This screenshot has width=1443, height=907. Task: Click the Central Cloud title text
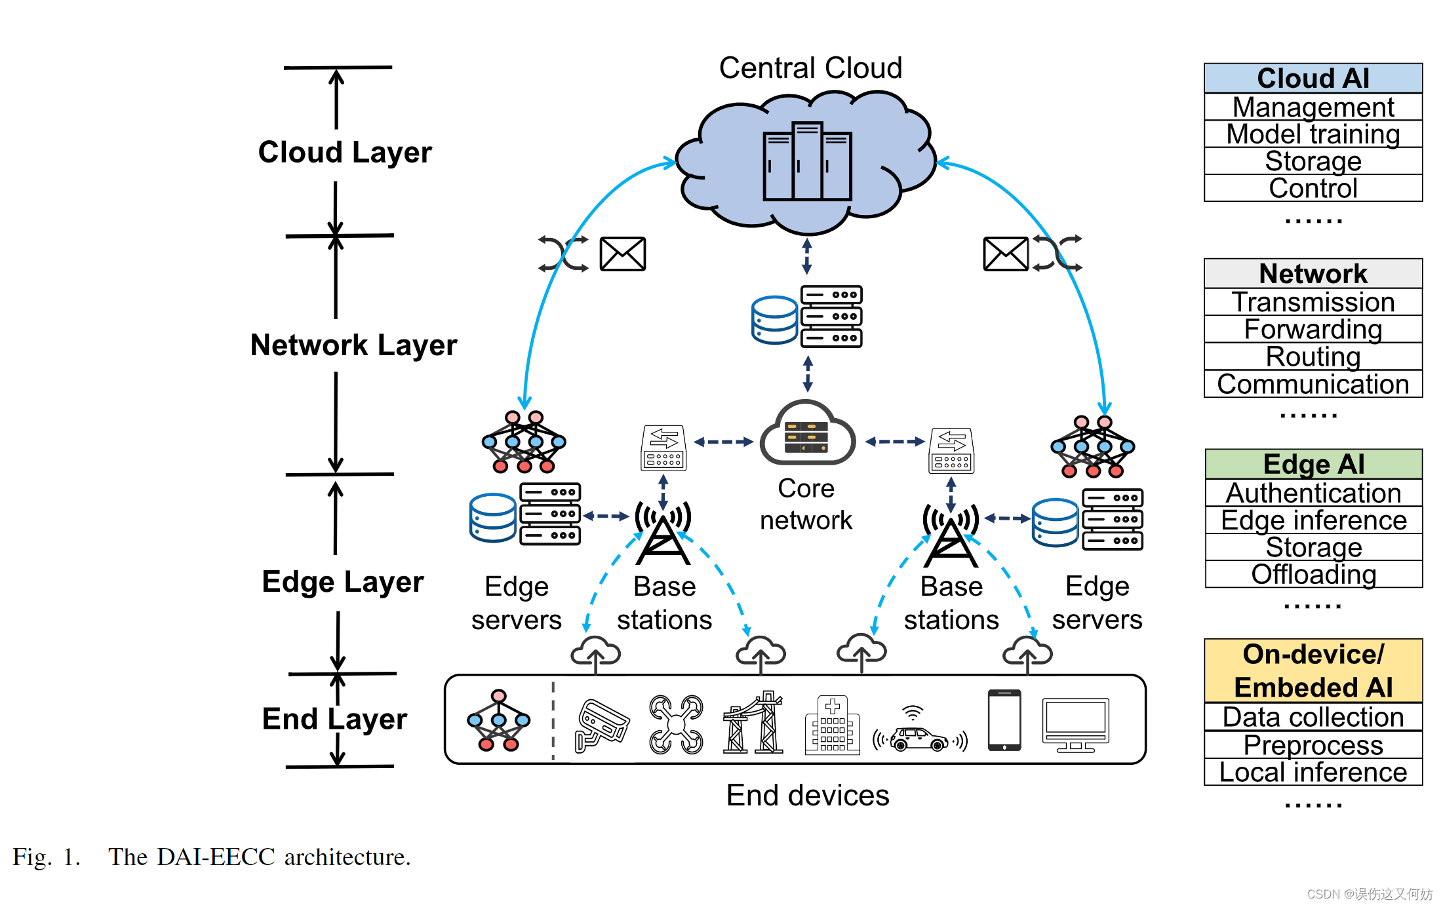(810, 68)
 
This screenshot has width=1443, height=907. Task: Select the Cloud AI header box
(1313, 78)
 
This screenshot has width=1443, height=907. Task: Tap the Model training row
(1313, 134)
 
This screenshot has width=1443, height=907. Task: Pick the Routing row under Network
(1313, 357)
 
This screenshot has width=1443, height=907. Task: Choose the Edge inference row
(1313, 520)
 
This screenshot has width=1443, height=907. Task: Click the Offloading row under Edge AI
(1313, 574)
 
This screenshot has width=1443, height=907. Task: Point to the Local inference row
(1313, 772)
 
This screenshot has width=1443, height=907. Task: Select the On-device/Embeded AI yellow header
(1313, 670)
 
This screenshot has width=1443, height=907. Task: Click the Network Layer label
(353, 345)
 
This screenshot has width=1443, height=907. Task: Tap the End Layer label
(334, 719)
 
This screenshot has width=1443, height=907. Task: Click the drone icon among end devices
(676, 724)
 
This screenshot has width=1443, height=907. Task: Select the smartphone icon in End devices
(1004, 720)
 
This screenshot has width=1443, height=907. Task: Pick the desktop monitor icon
(1075, 725)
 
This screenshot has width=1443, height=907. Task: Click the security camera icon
(600, 725)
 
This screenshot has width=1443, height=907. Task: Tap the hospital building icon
(832, 725)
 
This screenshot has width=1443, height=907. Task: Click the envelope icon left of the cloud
(622, 254)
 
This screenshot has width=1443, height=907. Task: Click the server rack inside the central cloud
(807, 161)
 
